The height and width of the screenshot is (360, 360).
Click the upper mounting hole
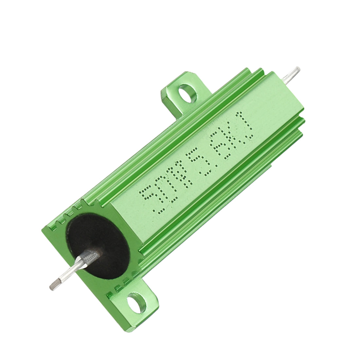(187, 93)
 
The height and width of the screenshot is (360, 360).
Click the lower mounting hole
(135, 303)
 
